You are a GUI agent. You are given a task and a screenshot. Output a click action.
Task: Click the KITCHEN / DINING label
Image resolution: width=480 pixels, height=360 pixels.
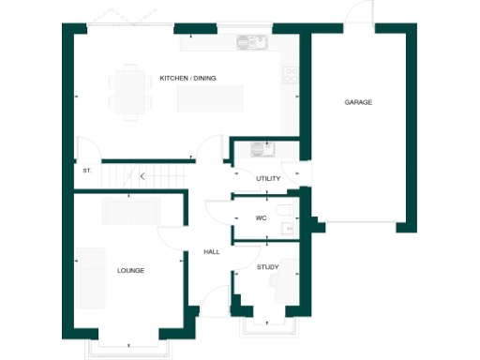187,78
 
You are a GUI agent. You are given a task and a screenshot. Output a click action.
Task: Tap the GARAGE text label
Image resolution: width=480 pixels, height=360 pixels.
358,101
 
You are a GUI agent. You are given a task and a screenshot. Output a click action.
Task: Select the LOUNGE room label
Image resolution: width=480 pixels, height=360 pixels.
130,270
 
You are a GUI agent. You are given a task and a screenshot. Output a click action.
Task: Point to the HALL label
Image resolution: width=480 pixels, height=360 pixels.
211,252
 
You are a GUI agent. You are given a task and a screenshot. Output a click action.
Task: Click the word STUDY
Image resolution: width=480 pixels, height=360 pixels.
267,268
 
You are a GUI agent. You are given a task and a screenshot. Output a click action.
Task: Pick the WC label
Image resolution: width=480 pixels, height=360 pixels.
262,217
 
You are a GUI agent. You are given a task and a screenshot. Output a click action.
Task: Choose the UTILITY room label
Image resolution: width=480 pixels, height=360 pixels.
268,177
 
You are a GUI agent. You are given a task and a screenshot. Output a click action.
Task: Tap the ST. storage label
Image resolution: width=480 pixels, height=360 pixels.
86,171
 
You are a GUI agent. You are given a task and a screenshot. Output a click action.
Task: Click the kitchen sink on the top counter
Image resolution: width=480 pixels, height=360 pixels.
251,42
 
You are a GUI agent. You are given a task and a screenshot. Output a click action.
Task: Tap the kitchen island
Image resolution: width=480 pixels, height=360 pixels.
217,97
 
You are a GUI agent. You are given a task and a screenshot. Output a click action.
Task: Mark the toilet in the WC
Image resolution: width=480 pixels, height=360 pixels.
285,210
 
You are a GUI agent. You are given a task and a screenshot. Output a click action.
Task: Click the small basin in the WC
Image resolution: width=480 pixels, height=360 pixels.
290,227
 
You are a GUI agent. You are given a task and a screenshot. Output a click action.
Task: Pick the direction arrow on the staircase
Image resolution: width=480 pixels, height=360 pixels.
142,175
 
